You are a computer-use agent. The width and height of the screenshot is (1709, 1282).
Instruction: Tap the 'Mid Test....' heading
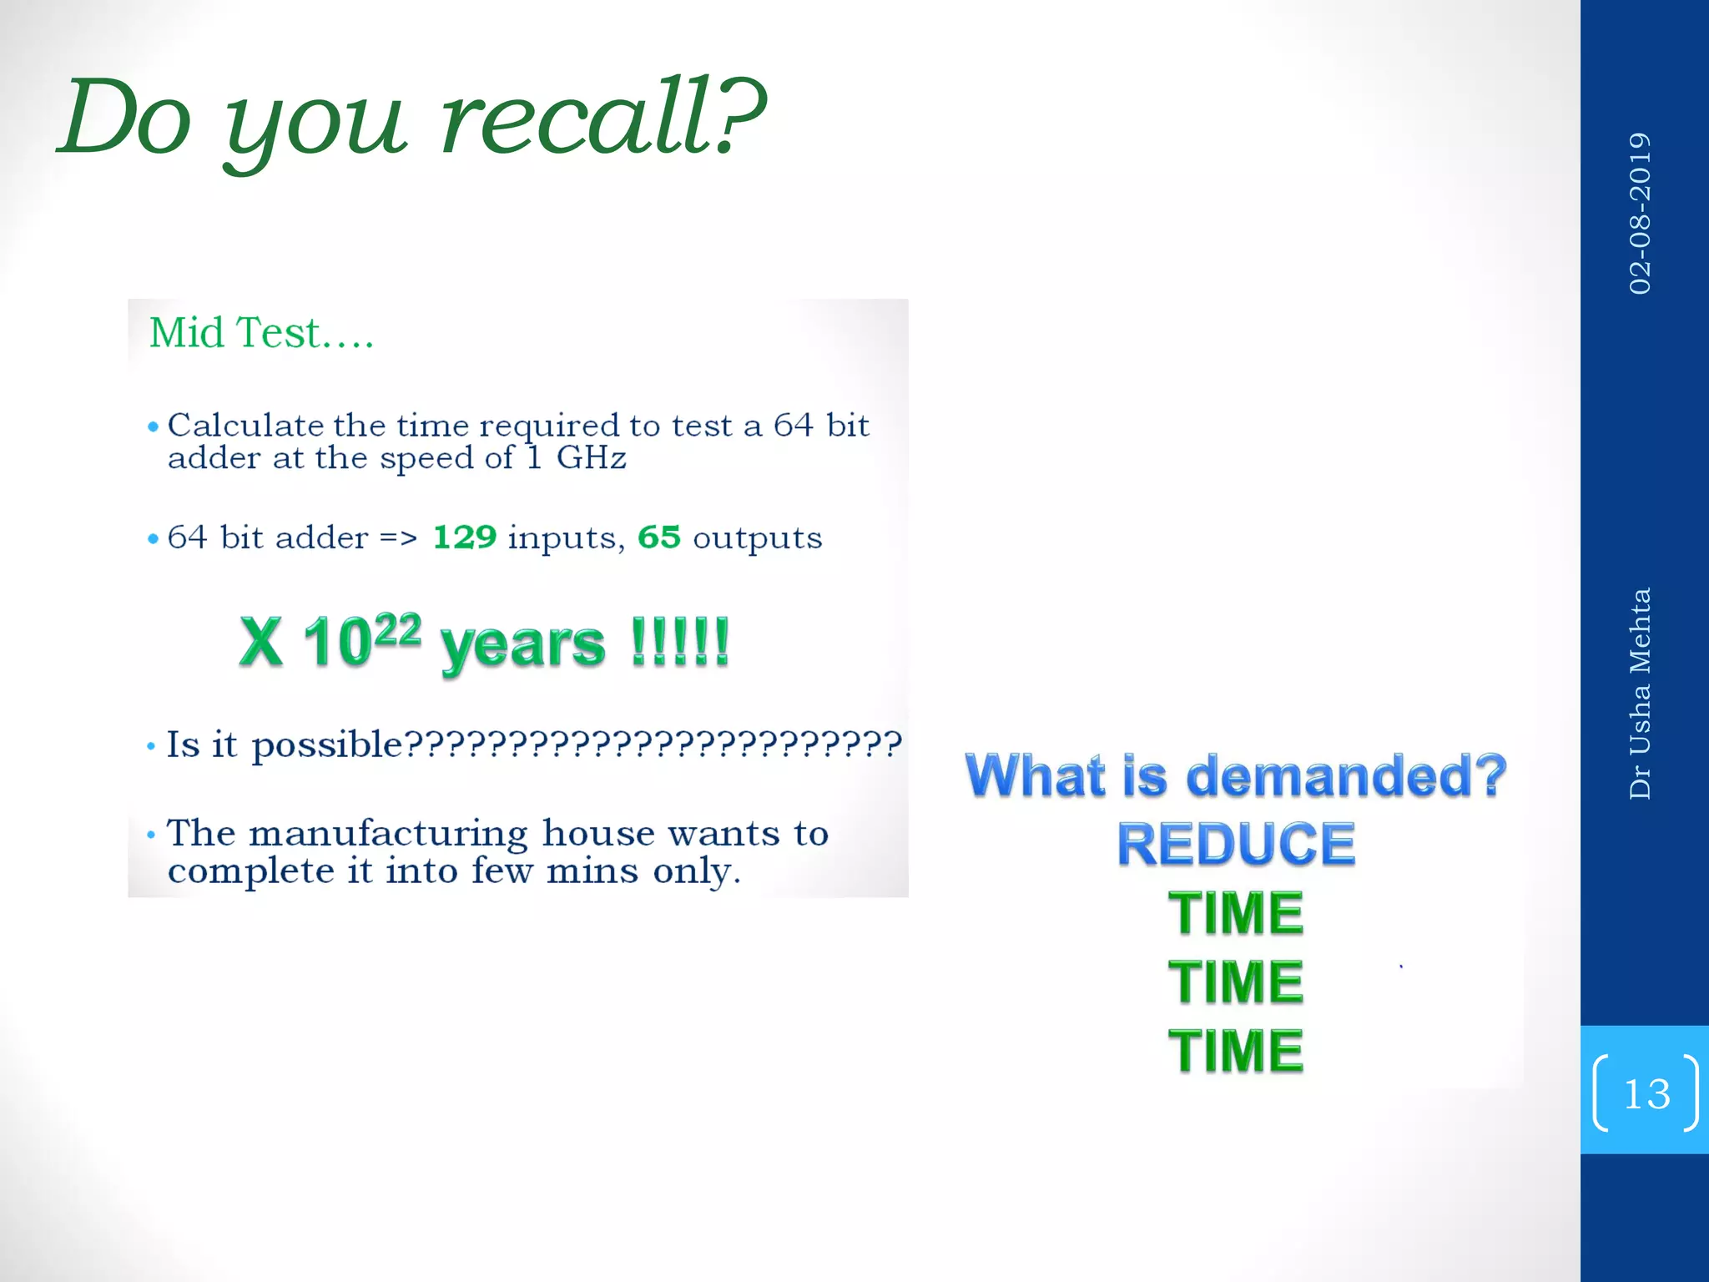pyautogui.click(x=261, y=333)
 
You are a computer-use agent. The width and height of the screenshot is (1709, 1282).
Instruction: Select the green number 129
pyautogui.click(x=465, y=538)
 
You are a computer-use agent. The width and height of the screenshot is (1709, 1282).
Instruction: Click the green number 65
pyautogui.click(x=659, y=538)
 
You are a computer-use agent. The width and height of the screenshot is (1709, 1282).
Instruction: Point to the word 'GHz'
pyautogui.click(x=591, y=458)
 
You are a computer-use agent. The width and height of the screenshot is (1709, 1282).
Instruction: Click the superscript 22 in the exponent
pyautogui.click(x=398, y=630)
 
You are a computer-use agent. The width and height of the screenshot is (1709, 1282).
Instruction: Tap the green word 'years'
pyautogui.click(x=522, y=645)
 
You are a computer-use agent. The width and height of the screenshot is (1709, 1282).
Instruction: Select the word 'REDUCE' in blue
pyautogui.click(x=1236, y=844)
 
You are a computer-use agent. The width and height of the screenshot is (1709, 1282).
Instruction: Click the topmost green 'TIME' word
pyautogui.click(x=1236, y=912)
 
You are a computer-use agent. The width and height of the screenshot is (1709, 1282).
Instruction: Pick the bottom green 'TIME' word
pyautogui.click(x=1236, y=1050)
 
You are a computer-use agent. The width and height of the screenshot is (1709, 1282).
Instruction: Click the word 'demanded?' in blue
pyautogui.click(x=1345, y=775)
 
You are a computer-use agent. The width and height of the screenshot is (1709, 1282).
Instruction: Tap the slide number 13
pyautogui.click(x=1646, y=1093)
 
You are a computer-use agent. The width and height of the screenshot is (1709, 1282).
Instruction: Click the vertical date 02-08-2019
pyautogui.click(x=1640, y=213)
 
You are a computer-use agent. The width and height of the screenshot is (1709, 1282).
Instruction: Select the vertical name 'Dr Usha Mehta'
pyautogui.click(x=1640, y=693)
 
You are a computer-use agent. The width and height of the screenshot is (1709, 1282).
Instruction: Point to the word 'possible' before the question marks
pyautogui.click(x=327, y=744)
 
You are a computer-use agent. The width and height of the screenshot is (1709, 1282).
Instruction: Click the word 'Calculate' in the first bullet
pyautogui.click(x=246, y=426)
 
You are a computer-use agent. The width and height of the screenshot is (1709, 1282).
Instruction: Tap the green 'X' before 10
pyautogui.click(x=261, y=642)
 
